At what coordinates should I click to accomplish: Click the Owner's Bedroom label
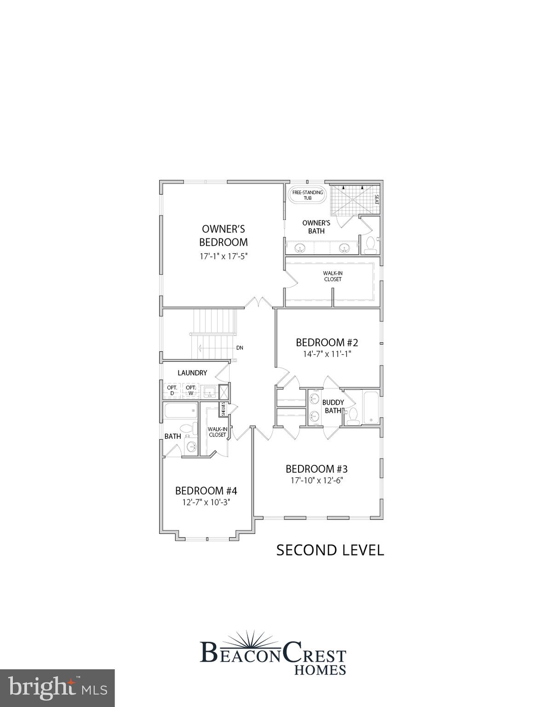tap(223, 235)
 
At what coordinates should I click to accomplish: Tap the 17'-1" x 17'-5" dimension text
tap(223, 256)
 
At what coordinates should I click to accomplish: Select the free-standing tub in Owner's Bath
tap(307, 195)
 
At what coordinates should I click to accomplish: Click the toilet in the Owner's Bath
tap(370, 245)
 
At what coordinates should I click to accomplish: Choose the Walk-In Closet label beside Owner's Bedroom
tap(332, 276)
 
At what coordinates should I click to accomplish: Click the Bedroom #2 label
tap(327, 342)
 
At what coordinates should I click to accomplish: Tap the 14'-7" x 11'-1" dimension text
tap(327, 354)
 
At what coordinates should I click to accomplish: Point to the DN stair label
tap(240, 348)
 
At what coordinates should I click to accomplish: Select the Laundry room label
tap(192, 373)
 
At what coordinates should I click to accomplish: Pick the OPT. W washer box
tap(191, 390)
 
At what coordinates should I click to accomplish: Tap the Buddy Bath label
tap(333, 406)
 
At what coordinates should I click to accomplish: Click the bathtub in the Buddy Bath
tap(370, 407)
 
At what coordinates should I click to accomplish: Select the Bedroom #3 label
tap(316, 469)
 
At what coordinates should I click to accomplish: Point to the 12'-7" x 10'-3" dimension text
tap(206, 502)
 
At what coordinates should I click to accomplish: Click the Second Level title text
tap(330, 550)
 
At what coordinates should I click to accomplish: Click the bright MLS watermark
tap(57, 688)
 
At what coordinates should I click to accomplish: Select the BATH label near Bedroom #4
tap(172, 436)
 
